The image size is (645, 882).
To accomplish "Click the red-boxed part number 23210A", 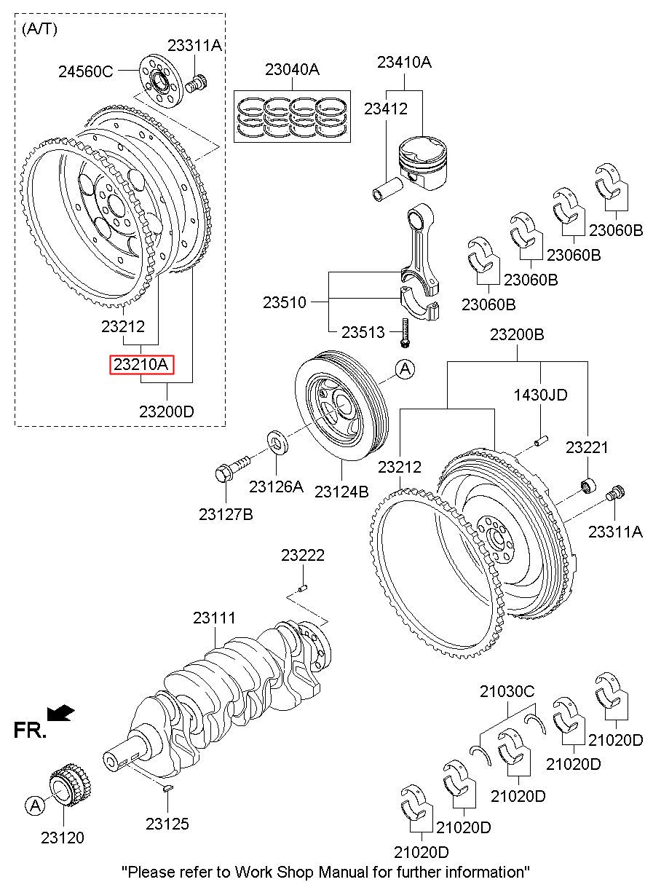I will pos(141,363).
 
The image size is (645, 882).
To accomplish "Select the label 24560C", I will pos(86,71).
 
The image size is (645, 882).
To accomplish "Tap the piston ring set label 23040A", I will pos(292,70).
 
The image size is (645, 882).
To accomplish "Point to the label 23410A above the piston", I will pos(404,63).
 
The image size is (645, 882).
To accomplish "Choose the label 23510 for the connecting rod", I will pos(285,302).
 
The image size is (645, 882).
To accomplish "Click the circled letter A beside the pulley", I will pos(405,370).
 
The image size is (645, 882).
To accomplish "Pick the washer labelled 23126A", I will pos(277,441).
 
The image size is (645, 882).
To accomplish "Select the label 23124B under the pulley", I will pos(341,492).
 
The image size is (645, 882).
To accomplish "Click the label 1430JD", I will pos(541,395).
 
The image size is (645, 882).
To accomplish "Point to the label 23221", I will pos(587,447).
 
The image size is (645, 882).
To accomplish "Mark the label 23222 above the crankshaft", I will pos(303,556).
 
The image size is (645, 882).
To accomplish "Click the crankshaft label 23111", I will pos(214,618).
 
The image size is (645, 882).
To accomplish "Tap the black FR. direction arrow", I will pos(59,712).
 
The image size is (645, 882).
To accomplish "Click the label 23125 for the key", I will pos(167,824).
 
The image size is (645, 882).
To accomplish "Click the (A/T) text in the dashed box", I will pos(40,28).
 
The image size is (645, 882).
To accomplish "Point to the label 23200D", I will pos(167,411).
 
